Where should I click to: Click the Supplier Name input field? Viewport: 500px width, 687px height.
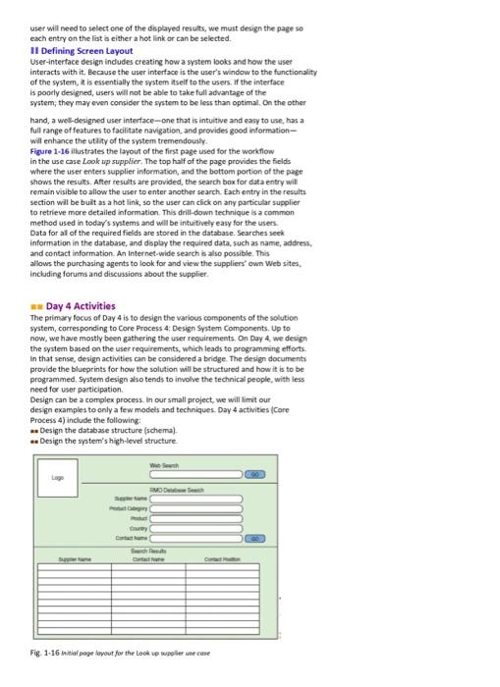(197, 499)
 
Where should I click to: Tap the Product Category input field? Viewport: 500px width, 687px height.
(197, 508)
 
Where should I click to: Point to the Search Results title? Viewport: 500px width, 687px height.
(178, 550)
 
